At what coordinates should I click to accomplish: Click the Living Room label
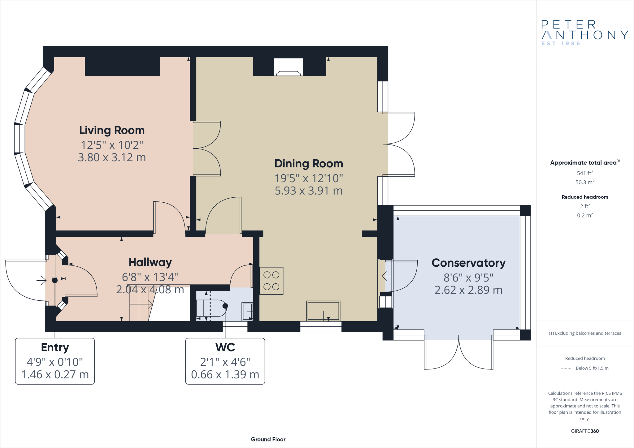(112, 130)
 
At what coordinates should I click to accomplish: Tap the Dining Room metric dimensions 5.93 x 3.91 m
(309, 191)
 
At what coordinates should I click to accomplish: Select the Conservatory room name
(468, 263)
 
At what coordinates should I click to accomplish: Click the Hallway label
(150, 262)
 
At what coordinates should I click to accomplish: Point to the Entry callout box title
(55, 347)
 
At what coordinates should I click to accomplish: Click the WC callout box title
(225, 347)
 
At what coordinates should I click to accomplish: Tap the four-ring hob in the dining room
(271, 281)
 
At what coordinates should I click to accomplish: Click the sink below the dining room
(323, 311)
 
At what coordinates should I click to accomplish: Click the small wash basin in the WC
(247, 311)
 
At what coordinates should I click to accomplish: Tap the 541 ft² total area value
(585, 173)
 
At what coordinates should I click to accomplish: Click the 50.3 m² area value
(585, 182)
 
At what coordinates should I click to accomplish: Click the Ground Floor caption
(268, 439)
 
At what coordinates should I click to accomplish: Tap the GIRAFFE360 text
(585, 431)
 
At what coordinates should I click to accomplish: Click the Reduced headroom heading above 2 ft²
(585, 197)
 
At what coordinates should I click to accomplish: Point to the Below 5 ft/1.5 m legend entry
(592, 368)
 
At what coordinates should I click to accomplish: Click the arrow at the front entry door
(41, 281)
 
